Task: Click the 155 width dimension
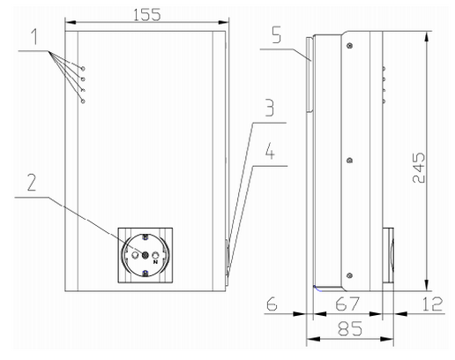tap(147, 15)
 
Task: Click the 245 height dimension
tap(419, 168)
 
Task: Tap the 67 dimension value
tap(347, 304)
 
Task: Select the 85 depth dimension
tap(350, 328)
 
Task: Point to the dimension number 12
tap(432, 304)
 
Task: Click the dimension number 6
tap(272, 304)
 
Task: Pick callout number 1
tap(34, 36)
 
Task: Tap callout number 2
tap(32, 183)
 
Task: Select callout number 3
tap(270, 108)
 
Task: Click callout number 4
tap(270, 151)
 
